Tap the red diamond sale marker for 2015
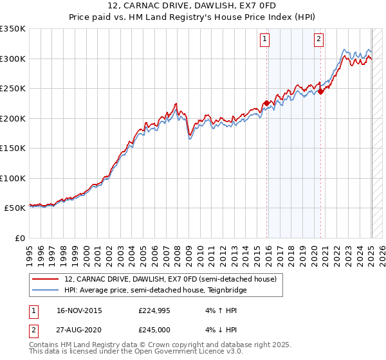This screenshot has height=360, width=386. pos(266,103)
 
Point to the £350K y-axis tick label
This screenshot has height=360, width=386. pos(13,29)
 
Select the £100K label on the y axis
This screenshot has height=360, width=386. pos(13,179)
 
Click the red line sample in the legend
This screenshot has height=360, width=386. pos(45,279)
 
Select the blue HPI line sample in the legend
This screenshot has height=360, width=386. pos(45,291)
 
